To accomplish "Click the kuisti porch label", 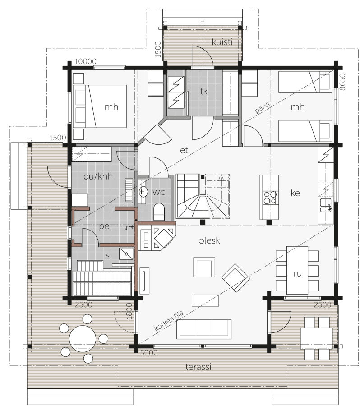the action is click(222, 42).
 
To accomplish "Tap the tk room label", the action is click(203, 91).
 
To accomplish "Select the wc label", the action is click(158, 192).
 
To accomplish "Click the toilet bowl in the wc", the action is click(159, 211).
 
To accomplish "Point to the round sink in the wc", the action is click(143, 192).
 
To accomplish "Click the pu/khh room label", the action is click(98, 176).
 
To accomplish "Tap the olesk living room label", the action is click(209, 240).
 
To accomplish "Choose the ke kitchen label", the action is click(295, 193).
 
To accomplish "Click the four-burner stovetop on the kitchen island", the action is click(270, 198).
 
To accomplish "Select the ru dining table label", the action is click(298, 274).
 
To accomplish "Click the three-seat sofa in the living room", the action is click(204, 329).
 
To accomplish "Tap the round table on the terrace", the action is click(83, 339).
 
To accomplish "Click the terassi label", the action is click(198, 367).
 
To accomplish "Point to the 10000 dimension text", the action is click(85, 61).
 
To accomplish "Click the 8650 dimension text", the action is click(342, 82).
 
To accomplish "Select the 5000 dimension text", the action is click(149, 353).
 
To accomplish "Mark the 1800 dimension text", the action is click(129, 311).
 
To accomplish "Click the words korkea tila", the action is click(169, 321).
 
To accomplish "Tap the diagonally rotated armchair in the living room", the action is click(235, 278).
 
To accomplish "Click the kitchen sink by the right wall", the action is click(325, 205).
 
